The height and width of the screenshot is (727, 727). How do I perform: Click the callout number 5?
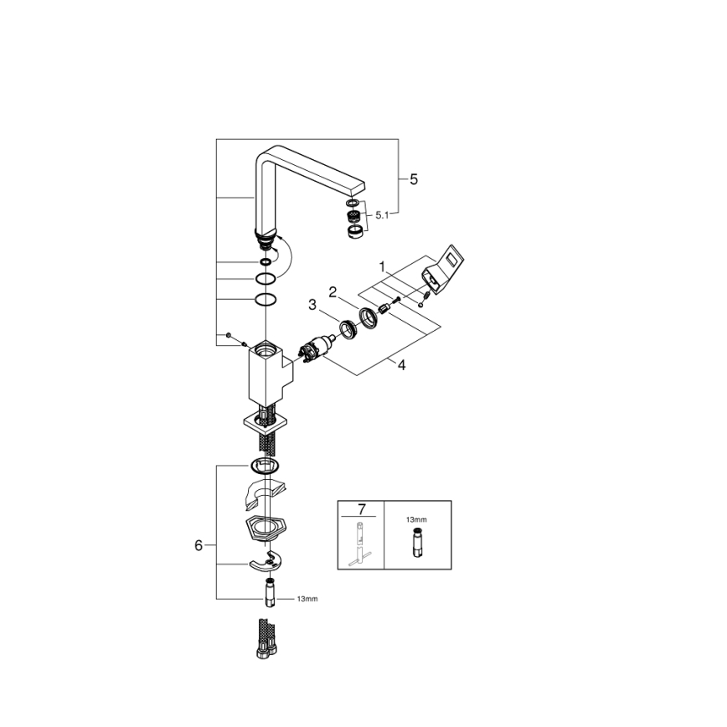[413, 179]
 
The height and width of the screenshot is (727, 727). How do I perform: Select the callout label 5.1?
[382, 215]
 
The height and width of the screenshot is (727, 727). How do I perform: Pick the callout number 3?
[312, 304]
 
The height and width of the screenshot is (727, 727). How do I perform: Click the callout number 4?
[401, 365]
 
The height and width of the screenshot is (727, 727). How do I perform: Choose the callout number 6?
[199, 545]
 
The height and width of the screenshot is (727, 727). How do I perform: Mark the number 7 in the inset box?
[361, 510]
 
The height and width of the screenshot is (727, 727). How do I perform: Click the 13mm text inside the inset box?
[415, 520]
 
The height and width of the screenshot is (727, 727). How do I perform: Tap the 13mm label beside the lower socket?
[307, 600]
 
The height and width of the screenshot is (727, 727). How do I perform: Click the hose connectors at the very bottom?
[265, 640]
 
